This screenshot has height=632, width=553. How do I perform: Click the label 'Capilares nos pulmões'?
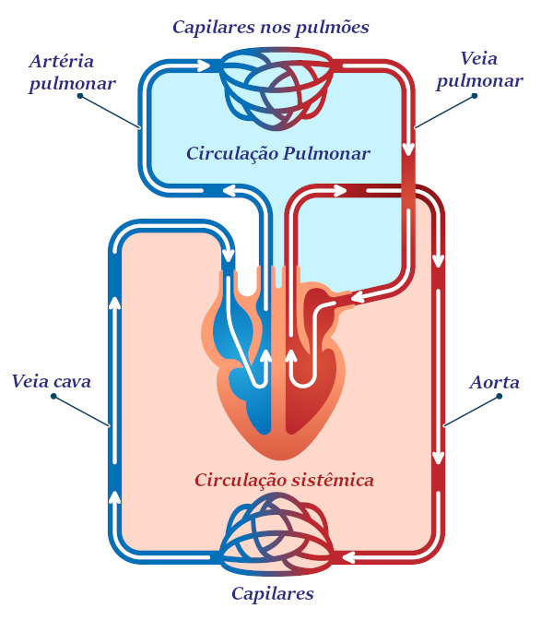coord(271,27)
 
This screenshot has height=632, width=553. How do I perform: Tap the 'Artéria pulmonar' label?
coord(72,73)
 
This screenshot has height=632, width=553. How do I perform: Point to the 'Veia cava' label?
coord(52,381)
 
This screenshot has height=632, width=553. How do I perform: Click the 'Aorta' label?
coord(494,382)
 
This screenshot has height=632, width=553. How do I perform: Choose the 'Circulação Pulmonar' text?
coord(277,153)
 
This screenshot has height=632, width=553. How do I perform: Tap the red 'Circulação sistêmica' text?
coord(284,481)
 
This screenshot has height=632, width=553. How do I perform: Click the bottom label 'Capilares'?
coord(272,593)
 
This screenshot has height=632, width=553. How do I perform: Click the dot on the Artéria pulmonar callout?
coord(80,95)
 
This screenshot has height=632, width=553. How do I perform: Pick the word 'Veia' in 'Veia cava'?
coord(31,381)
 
